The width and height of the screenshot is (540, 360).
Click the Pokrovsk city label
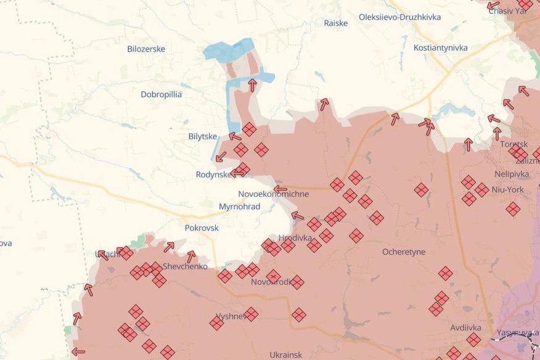click(202, 227)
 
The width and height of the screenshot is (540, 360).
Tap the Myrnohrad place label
click(239, 207)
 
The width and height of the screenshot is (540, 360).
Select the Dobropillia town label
click(161, 94)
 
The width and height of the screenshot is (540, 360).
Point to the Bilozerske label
click(146, 49)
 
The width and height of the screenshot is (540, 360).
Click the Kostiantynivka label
click(441, 47)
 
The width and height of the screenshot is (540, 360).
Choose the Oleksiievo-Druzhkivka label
click(399, 17)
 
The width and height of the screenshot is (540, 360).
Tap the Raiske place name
click(336, 23)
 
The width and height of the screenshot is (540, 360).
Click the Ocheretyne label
click(404, 252)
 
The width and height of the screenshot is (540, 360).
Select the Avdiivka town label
click(465, 327)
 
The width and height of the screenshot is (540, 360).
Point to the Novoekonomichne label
click(273, 194)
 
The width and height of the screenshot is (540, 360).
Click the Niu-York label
click(509, 189)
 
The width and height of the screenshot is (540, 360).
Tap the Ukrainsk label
click(286, 354)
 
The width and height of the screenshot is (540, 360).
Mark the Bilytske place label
click(203, 136)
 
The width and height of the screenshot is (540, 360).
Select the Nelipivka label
click(513, 174)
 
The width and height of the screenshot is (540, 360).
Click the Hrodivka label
click(294, 237)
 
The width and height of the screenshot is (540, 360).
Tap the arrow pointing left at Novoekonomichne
click(280, 189)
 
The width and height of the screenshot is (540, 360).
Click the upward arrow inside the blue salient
click(252, 84)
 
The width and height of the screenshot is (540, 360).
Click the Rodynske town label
click(213, 174)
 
